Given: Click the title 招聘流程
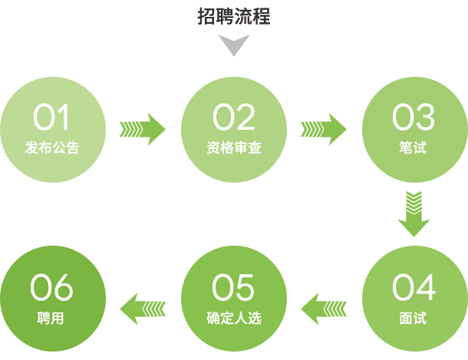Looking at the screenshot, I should [234, 16].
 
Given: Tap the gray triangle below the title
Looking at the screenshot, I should [234, 47].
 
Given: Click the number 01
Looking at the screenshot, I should [51, 118].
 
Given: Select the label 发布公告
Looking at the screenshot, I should [51, 147].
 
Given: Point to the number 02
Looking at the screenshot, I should [234, 118].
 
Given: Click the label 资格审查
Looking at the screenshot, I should [234, 147].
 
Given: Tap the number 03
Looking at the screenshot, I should [414, 118].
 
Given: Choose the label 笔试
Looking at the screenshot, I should [414, 147].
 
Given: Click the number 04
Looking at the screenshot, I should [414, 288].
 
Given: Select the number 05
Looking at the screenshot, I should [234, 288].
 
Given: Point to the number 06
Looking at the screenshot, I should [51, 288].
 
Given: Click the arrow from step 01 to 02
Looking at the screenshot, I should [143, 128].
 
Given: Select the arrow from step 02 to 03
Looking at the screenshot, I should [324, 128].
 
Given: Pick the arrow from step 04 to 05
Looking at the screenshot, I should [324, 309].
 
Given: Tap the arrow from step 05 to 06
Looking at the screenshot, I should [143, 309].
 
